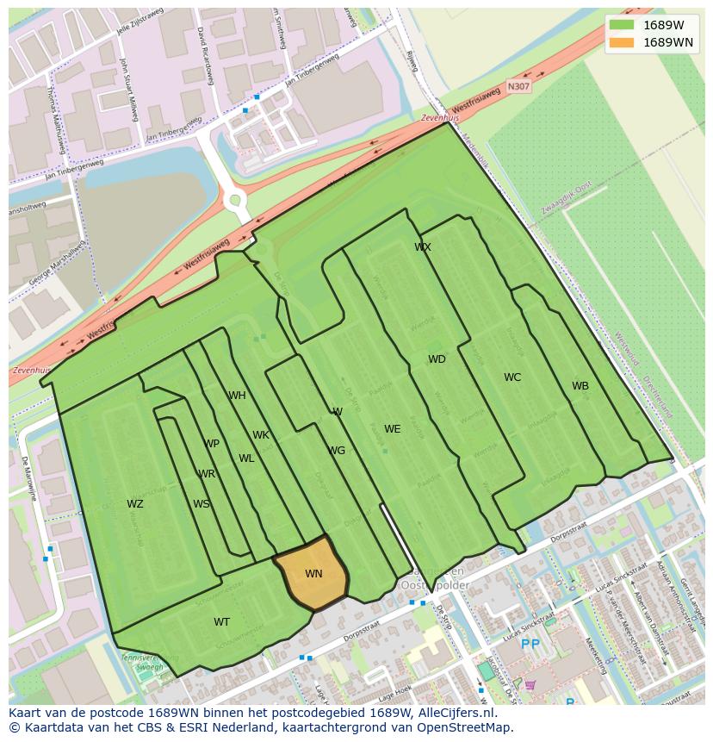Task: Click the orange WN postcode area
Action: point(312,573)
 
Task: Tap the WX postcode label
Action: point(423,247)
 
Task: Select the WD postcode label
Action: point(437,359)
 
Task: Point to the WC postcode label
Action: point(512,377)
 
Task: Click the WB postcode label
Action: point(580,386)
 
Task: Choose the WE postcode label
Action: point(393,429)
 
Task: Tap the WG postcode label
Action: point(337,451)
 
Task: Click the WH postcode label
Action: point(237,396)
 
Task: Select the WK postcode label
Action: point(261,435)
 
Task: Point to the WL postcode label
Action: point(246,458)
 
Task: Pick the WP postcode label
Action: point(212,444)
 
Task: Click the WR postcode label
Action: point(207,474)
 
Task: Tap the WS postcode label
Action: point(201,504)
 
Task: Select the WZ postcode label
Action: point(135,504)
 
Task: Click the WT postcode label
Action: point(222,622)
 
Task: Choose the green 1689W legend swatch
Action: point(621,25)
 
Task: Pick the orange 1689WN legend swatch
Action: point(621,42)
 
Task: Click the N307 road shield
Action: point(518,86)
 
